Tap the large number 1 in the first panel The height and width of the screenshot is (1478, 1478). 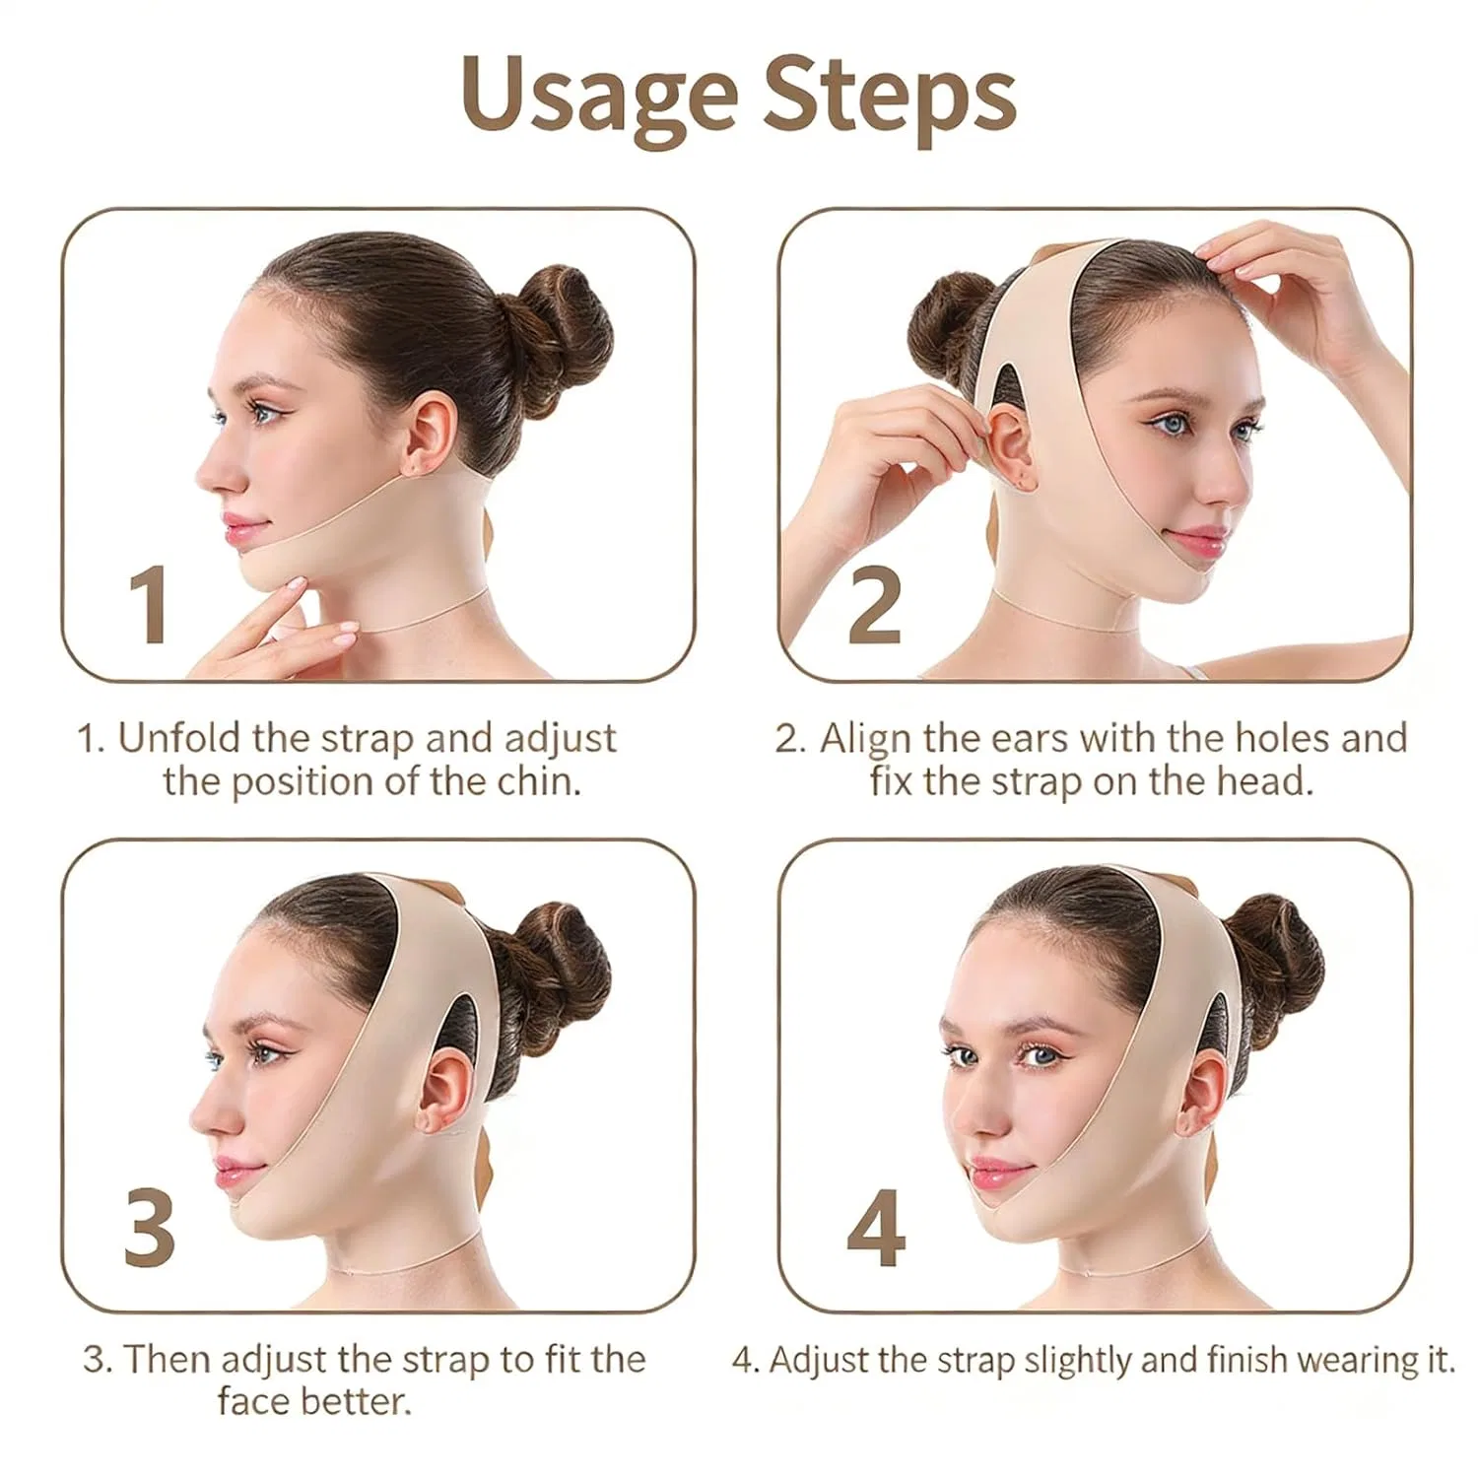[x=149, y=605]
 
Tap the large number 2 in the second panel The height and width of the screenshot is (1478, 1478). [x=874, y=605]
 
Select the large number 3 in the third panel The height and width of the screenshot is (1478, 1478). [x=150, y=1227]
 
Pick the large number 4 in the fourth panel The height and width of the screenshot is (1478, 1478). [x=876, y=1228]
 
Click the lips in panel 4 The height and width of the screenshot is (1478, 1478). [x=1000, y=1174]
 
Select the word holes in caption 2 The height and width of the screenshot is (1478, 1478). [x=1295, y=738]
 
